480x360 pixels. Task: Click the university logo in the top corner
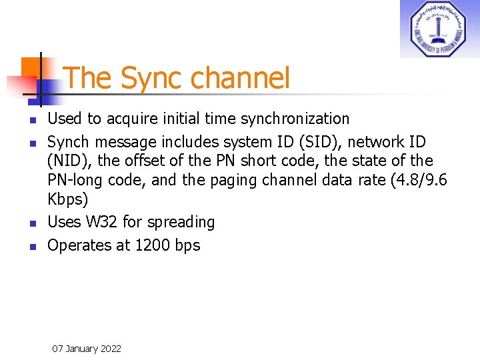click(439, 29)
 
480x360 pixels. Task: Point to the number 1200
click(153, 245)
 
